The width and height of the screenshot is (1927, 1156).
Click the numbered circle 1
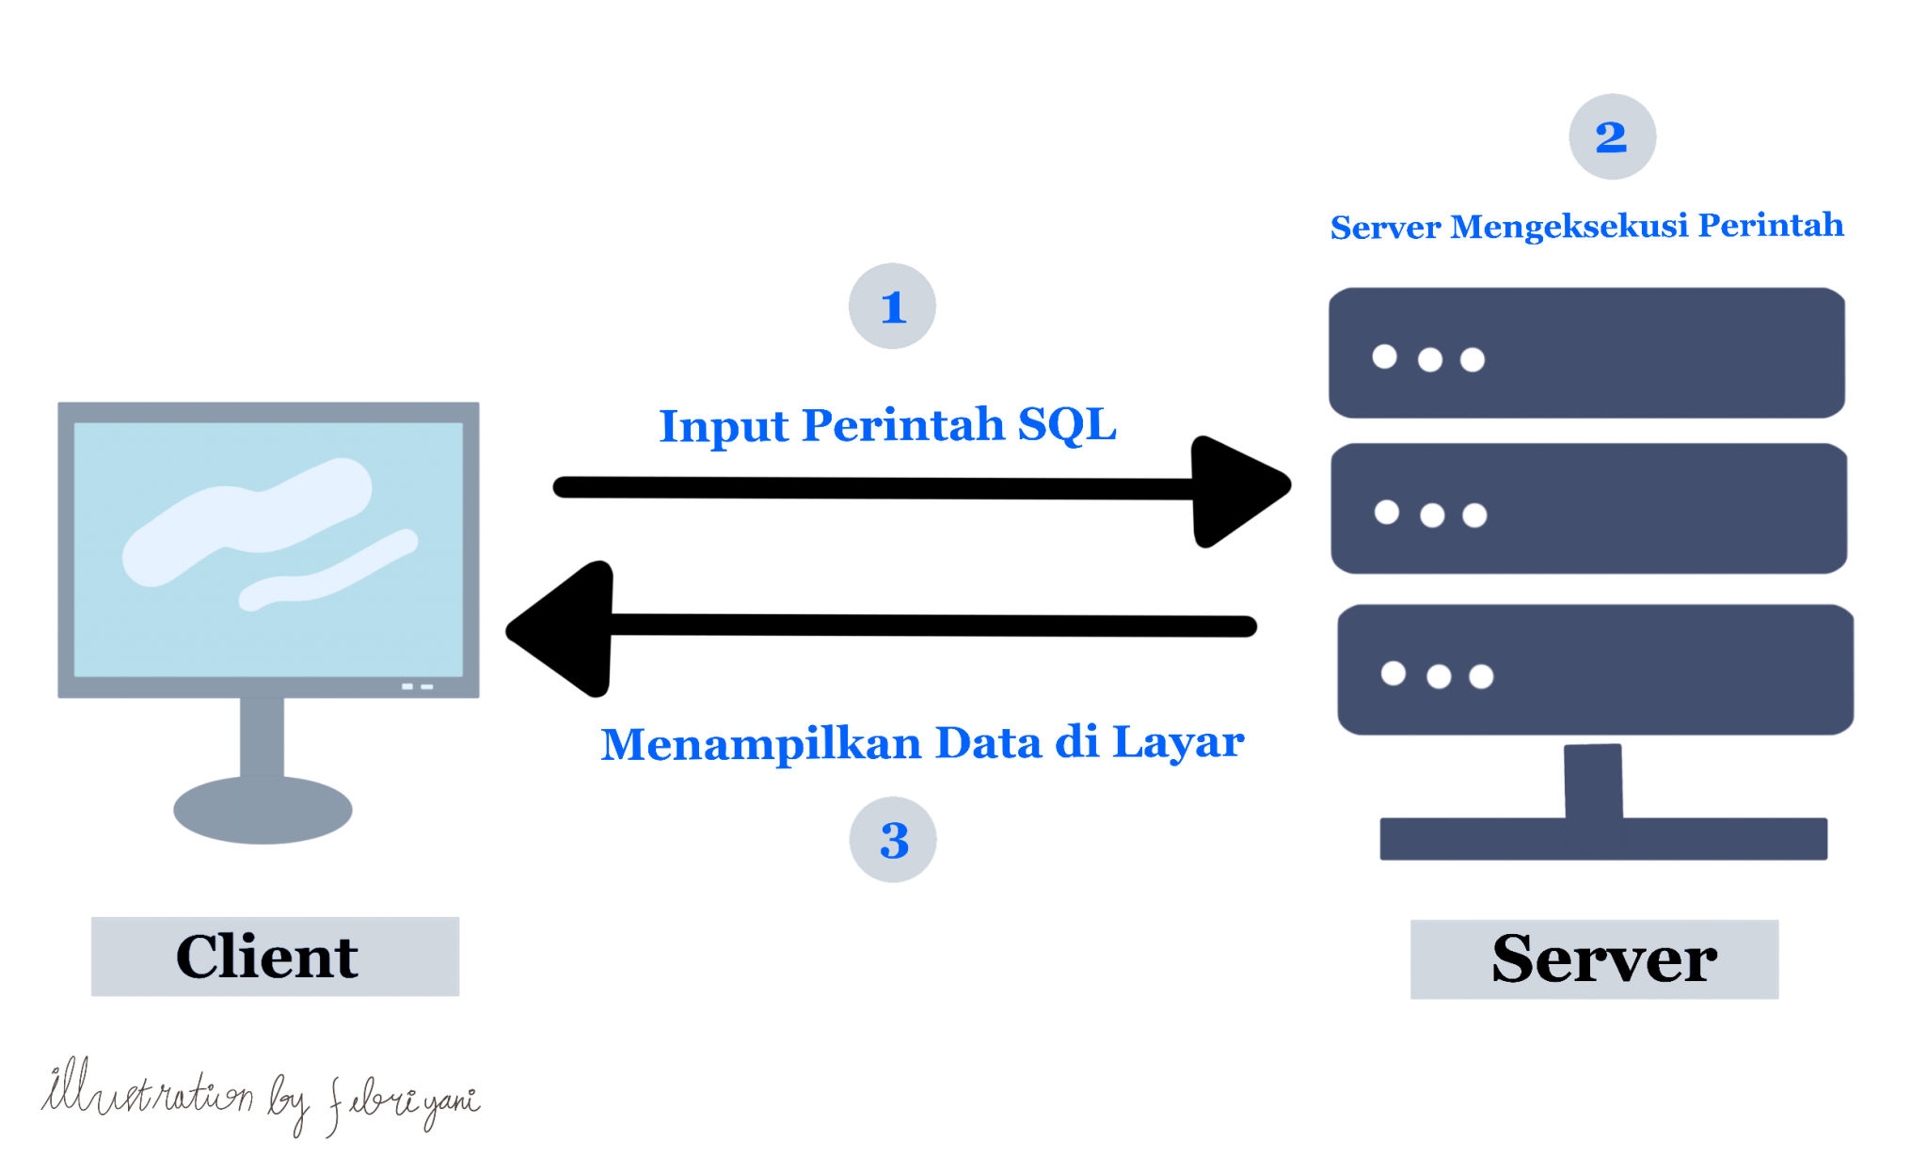click(x=892, y=307)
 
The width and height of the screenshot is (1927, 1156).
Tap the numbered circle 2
click(x=1612, y=137)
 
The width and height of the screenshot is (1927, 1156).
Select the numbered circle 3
click(x=893, y=840)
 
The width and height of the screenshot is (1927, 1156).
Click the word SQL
click(x=1067, y=425)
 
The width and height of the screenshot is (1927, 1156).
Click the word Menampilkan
click(x=760, y=744)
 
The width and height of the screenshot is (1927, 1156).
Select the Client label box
click(x=275, y=957)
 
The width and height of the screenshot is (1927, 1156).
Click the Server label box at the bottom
click(x=1594, y=959)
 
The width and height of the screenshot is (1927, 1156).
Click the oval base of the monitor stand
click(x=263, y=810)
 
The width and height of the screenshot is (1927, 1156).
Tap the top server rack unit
click(x=1586, y=353)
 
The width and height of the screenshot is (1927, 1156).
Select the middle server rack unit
click(x=1588, y=509)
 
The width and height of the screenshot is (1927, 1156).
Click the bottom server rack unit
click(x=1595, y=670)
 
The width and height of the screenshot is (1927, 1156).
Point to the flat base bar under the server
click(x=1602, y=839)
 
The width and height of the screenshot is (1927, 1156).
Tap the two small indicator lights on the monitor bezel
click(x=417, y=687)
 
